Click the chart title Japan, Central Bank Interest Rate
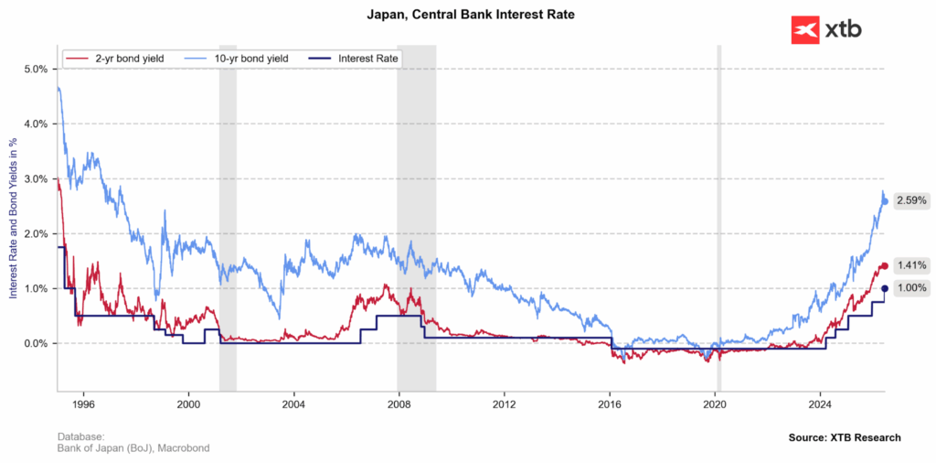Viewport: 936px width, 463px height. (471, 15)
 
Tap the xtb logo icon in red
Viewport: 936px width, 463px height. (805, 29)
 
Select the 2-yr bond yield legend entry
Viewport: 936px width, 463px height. (114, 59)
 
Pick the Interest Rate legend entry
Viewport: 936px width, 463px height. (354, 59)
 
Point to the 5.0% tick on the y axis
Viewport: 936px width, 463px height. (36, 70)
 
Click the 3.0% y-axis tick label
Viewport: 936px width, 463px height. (36, 178)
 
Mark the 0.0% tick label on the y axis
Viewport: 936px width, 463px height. (36, 343)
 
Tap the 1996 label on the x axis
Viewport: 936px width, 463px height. (83, 404)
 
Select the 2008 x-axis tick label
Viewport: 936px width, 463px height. (399, 404)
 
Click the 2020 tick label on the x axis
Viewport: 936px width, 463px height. (715, 404)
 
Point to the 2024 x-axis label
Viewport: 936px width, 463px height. (820, 404)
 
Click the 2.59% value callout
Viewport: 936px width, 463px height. (910, 201)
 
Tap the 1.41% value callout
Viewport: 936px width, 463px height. (910, 266)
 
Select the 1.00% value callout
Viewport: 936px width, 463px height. (910, 288)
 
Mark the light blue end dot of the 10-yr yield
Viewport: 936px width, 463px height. (885, 201)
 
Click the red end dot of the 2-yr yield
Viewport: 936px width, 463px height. (885, 266)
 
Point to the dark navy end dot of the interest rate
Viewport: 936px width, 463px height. (885, 288)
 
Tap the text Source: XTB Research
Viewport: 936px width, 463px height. (845, 438)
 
